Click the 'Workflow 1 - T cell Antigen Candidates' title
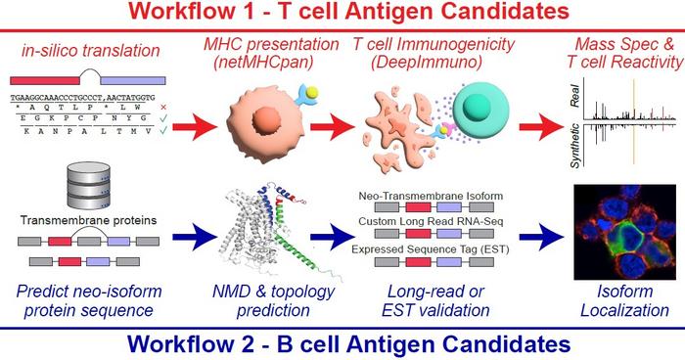tap(342, 14)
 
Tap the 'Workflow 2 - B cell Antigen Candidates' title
tap(342, 344)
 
